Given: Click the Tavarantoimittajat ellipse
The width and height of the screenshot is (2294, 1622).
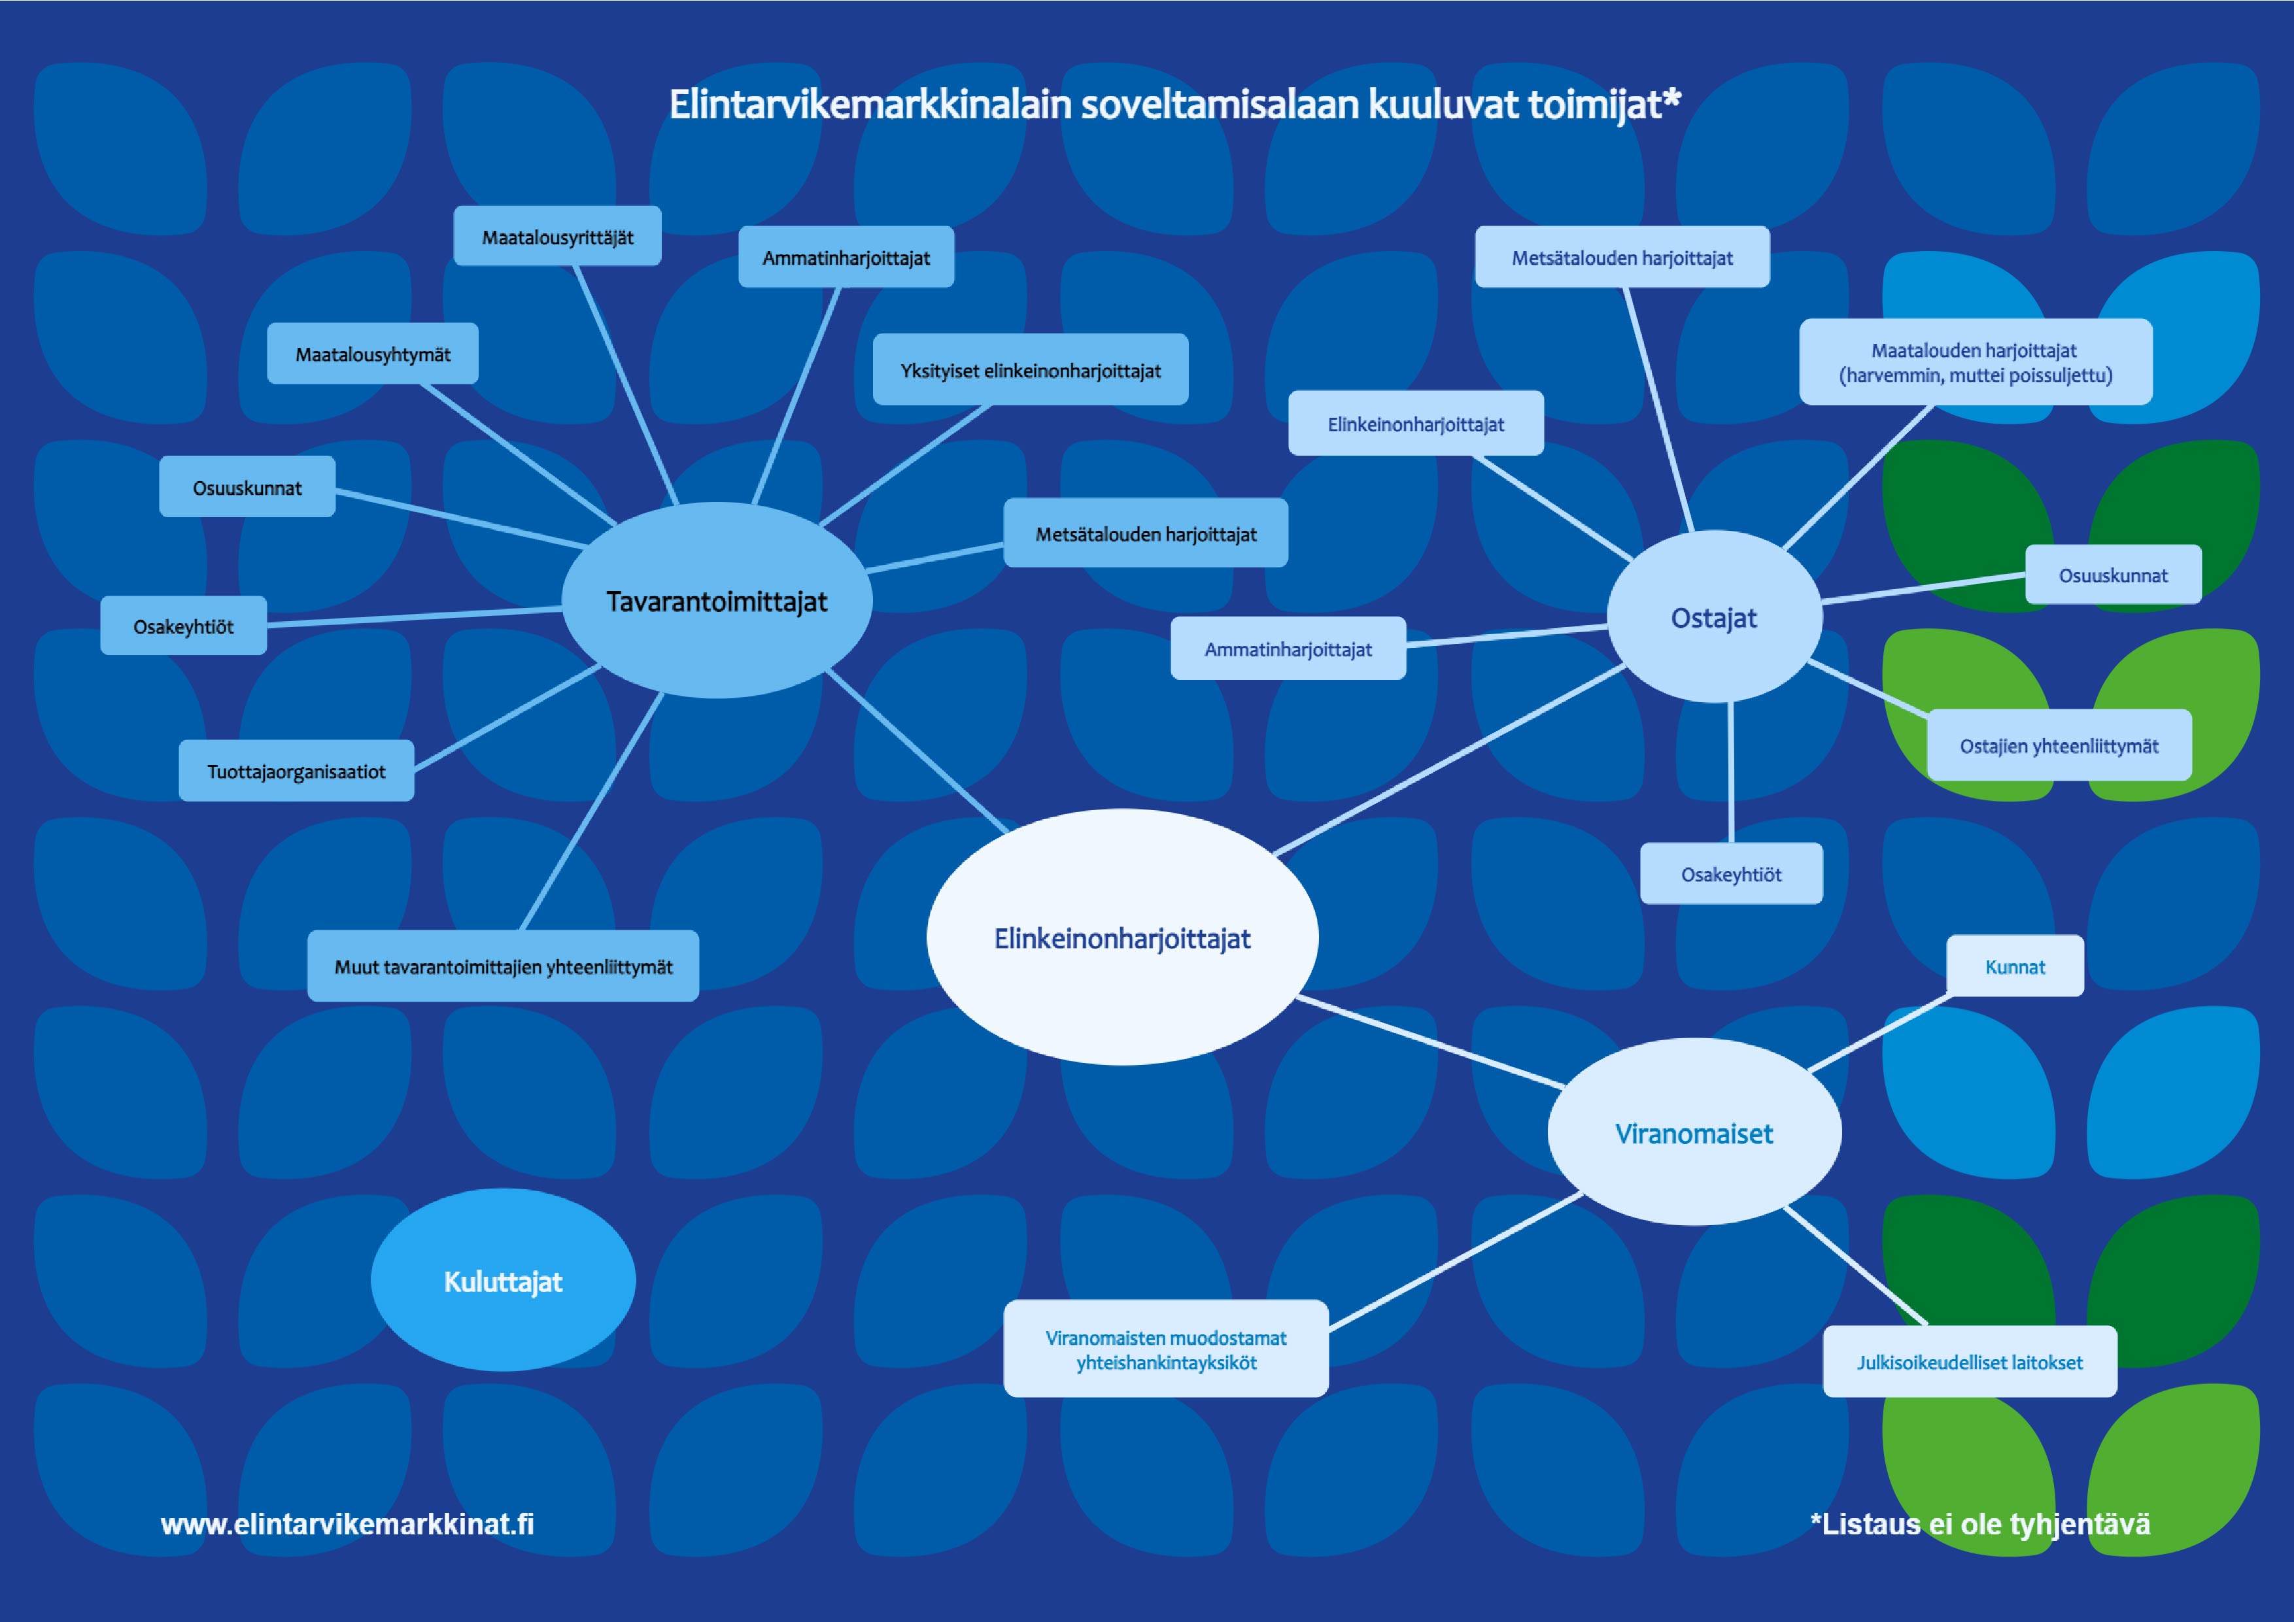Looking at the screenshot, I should coord(716,600).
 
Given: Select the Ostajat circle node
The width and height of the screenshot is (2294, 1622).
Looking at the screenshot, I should coord(1713,617).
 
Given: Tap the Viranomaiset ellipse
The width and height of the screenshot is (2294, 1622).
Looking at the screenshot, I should coord(1694,1132).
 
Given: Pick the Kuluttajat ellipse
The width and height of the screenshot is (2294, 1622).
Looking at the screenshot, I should coord(503,1281).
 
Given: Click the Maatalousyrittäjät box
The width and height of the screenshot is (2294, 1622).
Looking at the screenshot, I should coord(558,237).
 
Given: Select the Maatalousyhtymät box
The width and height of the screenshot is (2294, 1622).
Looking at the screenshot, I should coord(373,354).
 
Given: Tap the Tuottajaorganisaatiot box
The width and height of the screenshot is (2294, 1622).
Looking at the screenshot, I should coord(296,771).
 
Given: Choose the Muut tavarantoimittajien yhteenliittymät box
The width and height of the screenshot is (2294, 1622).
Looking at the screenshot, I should coord(503,966).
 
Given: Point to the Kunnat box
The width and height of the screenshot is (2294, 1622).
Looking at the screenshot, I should coord(2014,966).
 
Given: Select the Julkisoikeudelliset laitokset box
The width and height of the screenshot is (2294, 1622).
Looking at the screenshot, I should coord(1969,1361).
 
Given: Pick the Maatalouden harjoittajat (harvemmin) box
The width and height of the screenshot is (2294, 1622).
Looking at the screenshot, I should coord(1976,362).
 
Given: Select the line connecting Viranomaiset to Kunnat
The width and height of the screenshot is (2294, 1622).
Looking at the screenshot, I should coord(1878,1034).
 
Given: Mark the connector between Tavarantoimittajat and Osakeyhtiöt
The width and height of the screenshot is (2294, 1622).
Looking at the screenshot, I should coord(415,617).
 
